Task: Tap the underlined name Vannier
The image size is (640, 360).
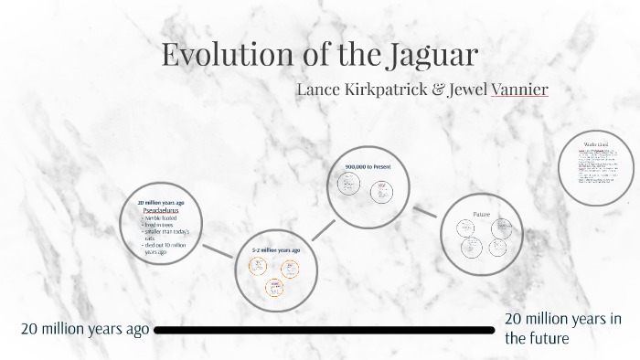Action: (519, 90)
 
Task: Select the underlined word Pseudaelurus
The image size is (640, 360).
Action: (160, 210)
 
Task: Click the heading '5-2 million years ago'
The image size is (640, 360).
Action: (275, 249)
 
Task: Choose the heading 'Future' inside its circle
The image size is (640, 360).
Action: (482, 214)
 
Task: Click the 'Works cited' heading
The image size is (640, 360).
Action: (595, 144)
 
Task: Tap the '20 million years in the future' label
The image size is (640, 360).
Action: (563, 328)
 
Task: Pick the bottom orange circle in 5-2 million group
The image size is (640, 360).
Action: (274, 287)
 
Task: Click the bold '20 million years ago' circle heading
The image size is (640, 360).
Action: (161, 202)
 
